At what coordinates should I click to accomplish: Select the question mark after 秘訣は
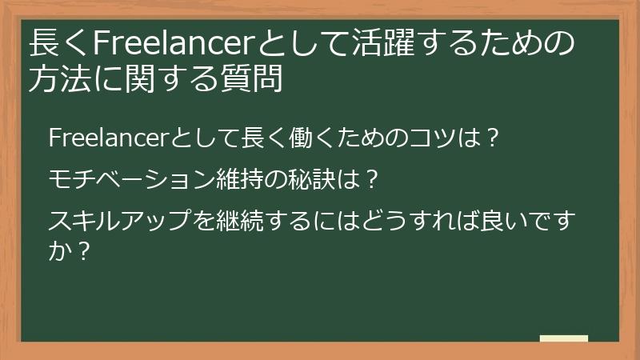[x=370, y=177]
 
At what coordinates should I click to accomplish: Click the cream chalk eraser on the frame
[x=563, y=339]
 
